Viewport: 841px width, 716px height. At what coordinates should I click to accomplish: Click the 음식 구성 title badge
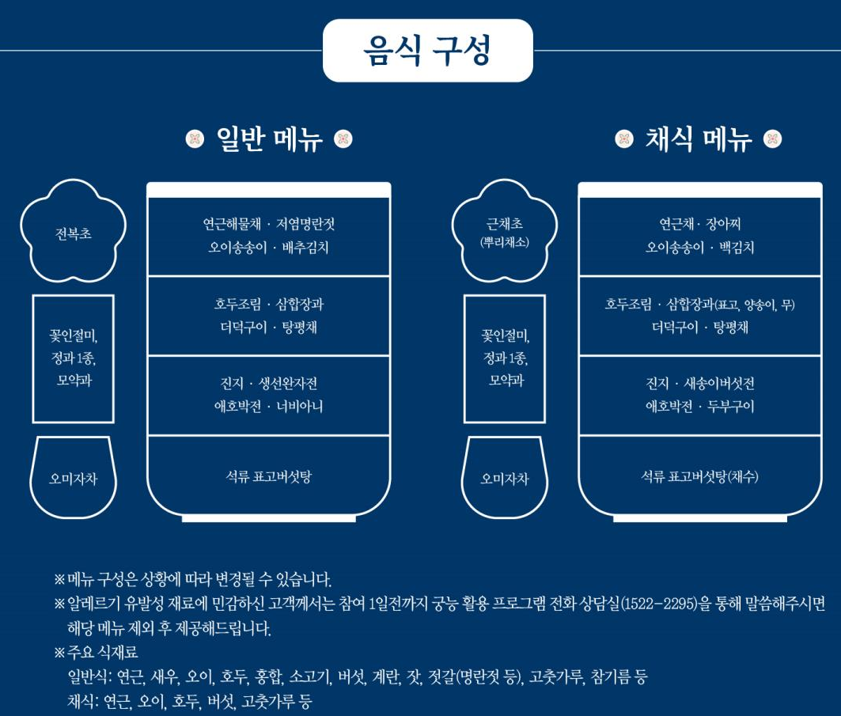(x=427, y=51)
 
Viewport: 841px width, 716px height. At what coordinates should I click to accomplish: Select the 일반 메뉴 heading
(x=269, y=140)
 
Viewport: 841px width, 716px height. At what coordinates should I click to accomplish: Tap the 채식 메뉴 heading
(x=699, y=140)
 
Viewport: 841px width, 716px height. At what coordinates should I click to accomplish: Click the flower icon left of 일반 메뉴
(x=195, y=140)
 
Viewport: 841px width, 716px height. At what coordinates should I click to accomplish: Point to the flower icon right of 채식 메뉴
(x=772, y=140)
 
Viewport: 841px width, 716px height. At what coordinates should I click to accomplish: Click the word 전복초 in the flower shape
(x=74, y=234)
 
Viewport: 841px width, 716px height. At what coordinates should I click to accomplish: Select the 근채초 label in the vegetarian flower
(x=504, y=225)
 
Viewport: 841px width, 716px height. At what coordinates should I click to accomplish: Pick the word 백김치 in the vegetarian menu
(x=736, y=248)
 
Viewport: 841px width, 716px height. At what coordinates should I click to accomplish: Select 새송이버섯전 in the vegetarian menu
(x=718, y=384)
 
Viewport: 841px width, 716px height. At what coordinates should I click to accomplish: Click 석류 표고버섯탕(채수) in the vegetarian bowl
(x=699, y=476)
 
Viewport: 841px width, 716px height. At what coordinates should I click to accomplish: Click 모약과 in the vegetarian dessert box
(x=505, y=381)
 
